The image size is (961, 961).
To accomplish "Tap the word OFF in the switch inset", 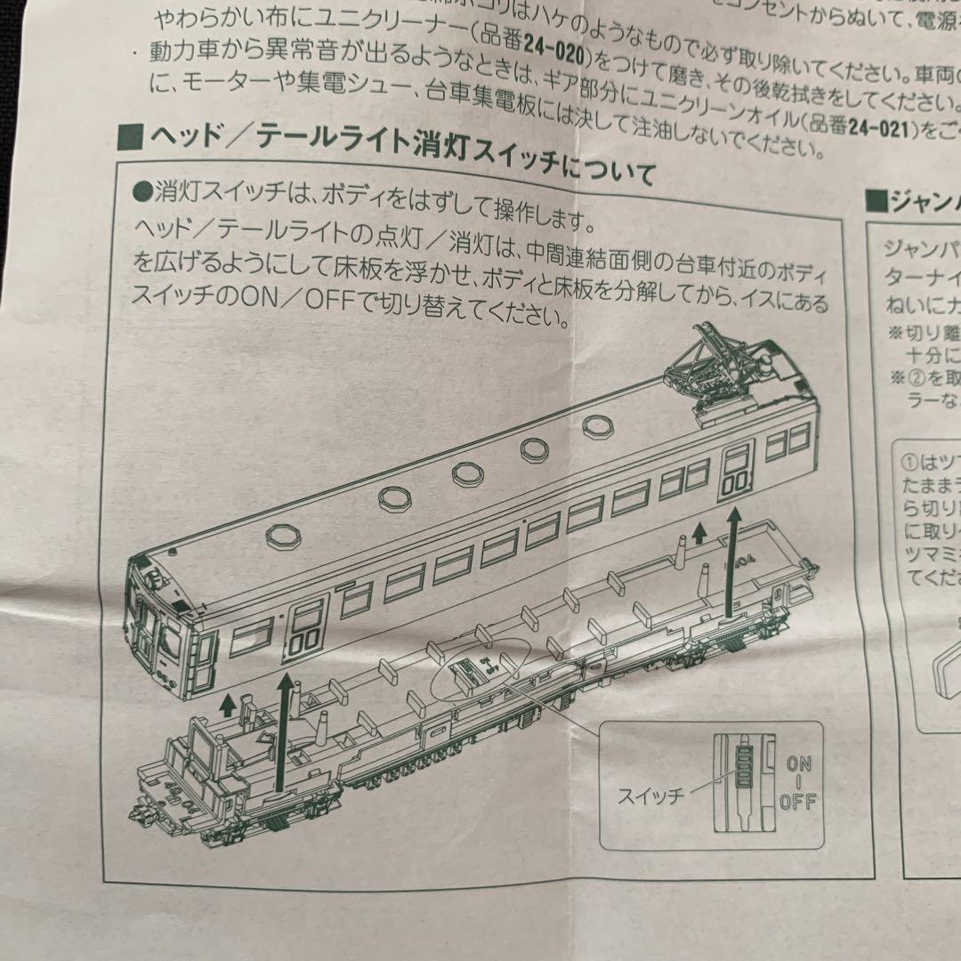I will pyautogui.click(x=797, y=801).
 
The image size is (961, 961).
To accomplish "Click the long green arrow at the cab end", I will pyautogui.click(x=286, y=729).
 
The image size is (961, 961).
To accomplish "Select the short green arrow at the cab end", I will pyautogui.click(x=228, y=704).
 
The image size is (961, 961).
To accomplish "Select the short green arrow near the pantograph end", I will pyautogui.click(x=699, y=535).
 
